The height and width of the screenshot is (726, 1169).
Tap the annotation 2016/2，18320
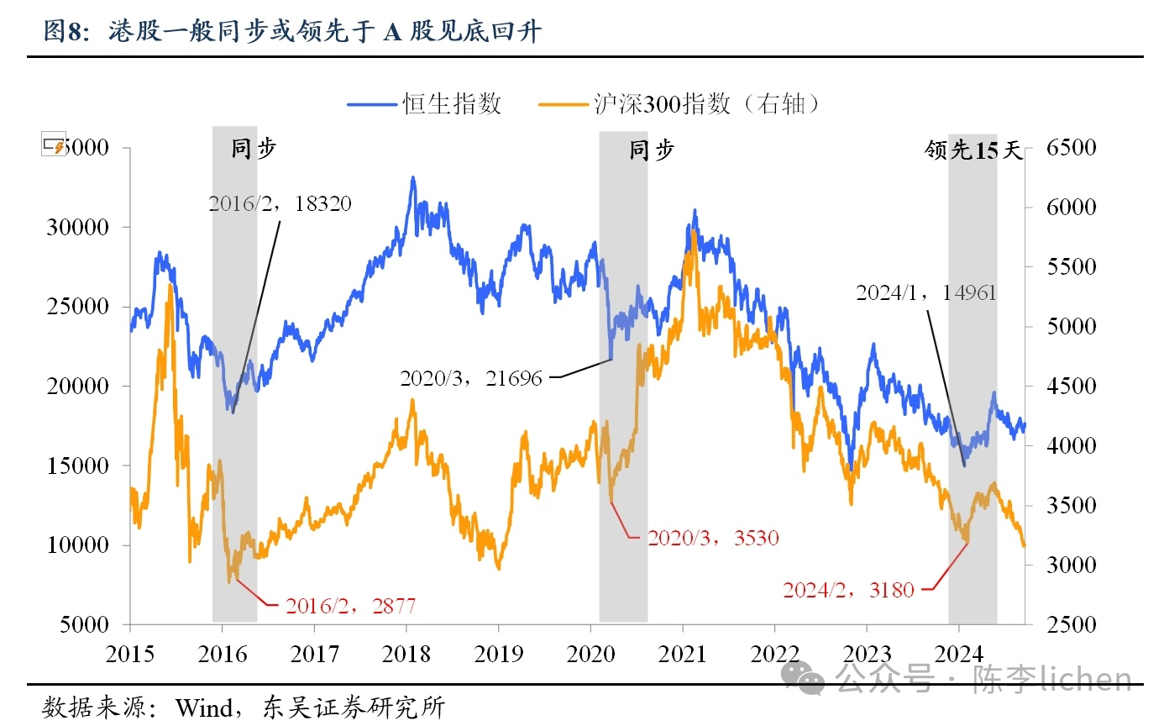(280, 203)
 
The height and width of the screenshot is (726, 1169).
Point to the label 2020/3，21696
(471, 378)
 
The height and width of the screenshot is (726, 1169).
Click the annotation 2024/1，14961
(925, 292)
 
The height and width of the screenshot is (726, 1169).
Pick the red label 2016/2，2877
(350, 606)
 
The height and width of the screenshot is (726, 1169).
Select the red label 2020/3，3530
(713, 538)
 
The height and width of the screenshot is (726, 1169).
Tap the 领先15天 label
(973, 151)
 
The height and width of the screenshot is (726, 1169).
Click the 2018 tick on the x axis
(406, 655)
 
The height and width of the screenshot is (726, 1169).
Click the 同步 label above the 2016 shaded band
(253, 150)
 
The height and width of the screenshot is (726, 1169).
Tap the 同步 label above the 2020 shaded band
(652, 151)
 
